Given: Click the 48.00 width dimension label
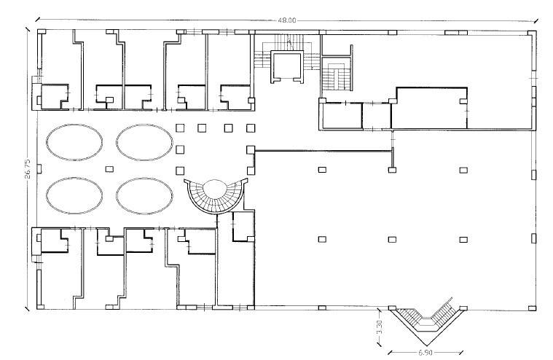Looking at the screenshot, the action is point(287,20).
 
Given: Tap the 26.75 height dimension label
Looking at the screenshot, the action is point(28,169).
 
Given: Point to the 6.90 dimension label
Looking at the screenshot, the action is point(425,352).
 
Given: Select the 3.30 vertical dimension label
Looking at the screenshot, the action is point(380,327).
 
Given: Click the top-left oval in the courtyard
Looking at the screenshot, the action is point(74,142).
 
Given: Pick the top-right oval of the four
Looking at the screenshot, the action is point(144,142).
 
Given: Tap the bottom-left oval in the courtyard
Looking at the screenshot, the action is point(74,196).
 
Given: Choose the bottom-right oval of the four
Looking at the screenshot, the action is point(144,196).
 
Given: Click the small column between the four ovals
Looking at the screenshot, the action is point(109,169).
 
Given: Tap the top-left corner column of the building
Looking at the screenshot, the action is point(42,32).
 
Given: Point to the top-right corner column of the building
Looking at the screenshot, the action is point(532,33).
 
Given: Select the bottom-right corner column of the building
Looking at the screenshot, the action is point(532,308).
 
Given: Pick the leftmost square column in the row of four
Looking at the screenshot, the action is point(180,128).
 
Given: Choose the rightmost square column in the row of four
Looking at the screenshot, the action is point(251,128).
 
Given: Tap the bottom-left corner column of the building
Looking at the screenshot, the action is point(41,307).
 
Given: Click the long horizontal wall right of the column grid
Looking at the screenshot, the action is point(323,152).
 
